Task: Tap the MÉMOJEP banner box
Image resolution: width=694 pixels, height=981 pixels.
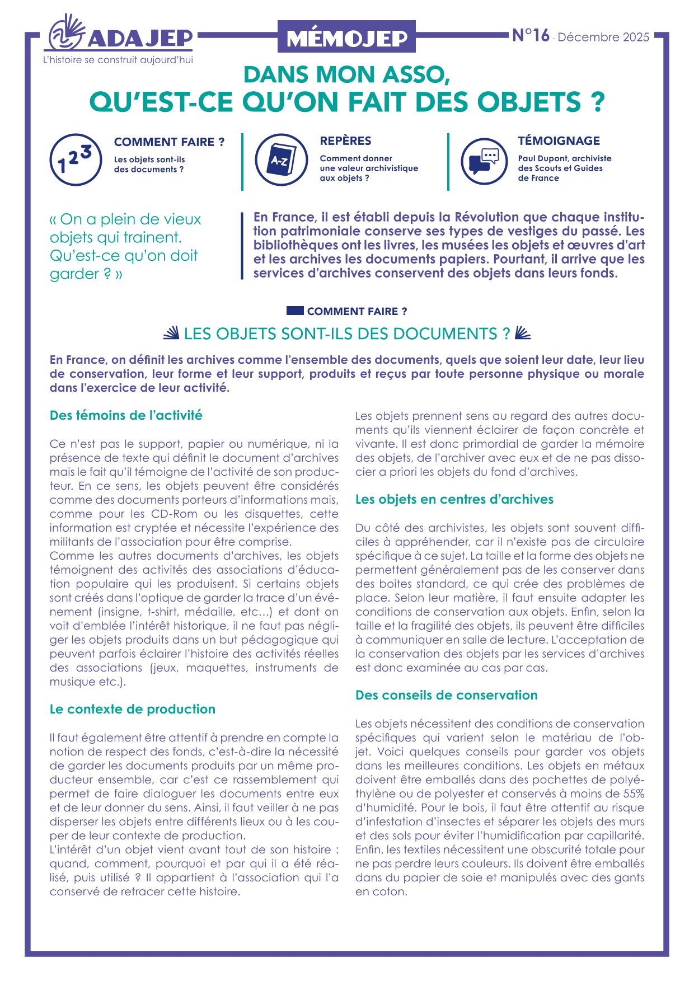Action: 346,37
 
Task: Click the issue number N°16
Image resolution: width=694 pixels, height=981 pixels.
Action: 531,36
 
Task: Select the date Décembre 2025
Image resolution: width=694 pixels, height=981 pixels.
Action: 603,37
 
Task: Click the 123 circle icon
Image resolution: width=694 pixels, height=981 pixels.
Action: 76,159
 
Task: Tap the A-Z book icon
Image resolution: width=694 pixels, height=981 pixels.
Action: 281,159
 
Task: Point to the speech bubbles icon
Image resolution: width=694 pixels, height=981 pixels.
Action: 484,161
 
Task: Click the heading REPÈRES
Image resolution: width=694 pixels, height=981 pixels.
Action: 345,141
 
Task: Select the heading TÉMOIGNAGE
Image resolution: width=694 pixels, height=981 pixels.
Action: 559,141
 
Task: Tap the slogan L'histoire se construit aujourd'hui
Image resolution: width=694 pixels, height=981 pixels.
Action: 118,60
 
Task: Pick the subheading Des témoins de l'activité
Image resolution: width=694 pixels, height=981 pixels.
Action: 126,415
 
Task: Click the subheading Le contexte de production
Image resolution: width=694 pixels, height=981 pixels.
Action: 133,709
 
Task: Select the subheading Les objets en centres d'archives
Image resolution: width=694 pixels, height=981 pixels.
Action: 454,499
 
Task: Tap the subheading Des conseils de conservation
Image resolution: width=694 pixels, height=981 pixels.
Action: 446,695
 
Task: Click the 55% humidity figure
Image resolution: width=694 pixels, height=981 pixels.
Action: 632,794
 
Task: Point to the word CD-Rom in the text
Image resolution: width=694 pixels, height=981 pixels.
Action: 171,514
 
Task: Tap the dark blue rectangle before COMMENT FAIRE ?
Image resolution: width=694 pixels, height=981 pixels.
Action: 295,311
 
